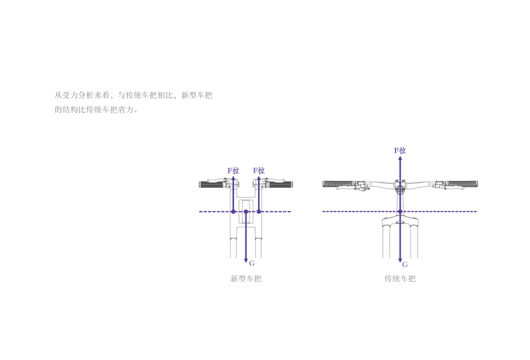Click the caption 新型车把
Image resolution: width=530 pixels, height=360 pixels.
[x=245, y=278]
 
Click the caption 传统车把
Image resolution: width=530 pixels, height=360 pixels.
[x=400, y=278]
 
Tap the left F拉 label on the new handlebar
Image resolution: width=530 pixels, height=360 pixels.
[x=233, y=170]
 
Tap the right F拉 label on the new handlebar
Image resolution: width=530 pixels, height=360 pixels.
[x=259, y=170]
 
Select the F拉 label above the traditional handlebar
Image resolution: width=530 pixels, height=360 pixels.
[x=400, y=150]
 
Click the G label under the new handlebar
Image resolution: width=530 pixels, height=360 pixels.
[x=252, y=263]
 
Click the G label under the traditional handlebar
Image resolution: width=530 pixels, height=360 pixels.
[x=405, y=265]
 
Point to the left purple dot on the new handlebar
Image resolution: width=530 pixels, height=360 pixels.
[x=233, y=211]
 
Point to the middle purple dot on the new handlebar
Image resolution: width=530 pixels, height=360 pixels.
[x=246, y=211]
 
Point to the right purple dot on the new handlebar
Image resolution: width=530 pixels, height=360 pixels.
[x=259, y=211]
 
